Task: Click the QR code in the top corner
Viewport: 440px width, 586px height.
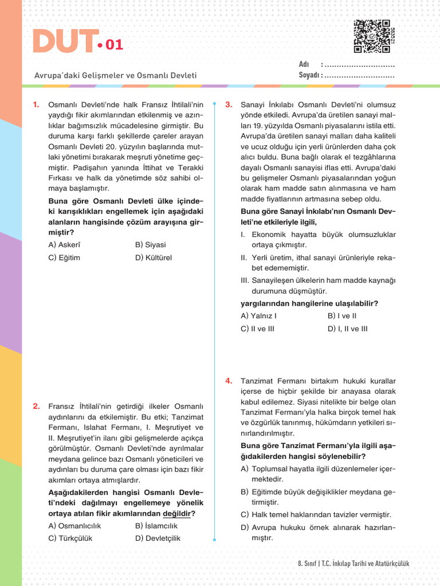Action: click(x=371, y=36)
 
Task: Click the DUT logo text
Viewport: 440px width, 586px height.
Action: click(x=63, y=42)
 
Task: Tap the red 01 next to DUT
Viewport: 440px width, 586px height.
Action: click(x=113, y=45)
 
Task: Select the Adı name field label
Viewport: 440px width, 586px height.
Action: click(x=304, y=64)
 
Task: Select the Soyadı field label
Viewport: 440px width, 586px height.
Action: click(x=310, y=75)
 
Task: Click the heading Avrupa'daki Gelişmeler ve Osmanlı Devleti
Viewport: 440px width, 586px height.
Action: click(x=115, y=75)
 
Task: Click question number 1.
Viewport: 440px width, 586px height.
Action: click(x=36, y=104)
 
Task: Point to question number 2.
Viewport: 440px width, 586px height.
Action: click(x=36, y=406)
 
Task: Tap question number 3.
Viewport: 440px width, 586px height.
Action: click(x=228, y=104)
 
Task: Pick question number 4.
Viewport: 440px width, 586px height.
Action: click(x=228, y=381)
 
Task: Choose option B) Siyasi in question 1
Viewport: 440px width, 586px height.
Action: click(x=150, y=245)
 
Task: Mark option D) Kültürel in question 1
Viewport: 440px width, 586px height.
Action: click(x=153, y=258)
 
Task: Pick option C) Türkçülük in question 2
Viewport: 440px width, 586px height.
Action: click(x=70, y=538)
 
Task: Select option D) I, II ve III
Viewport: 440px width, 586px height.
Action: click(x=347, y=328)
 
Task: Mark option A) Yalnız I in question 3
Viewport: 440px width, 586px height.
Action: click(x=258, y=316)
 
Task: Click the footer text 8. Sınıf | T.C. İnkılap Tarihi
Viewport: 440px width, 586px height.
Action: click(x=353, y=564)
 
